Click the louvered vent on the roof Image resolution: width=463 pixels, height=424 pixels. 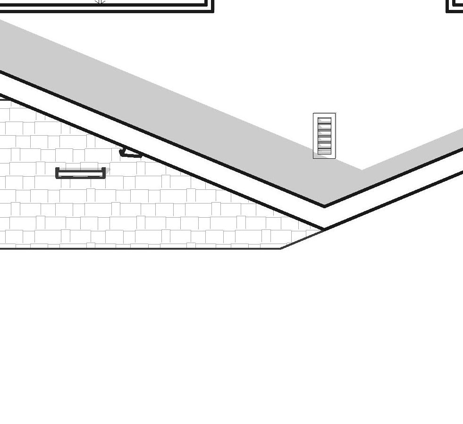324,136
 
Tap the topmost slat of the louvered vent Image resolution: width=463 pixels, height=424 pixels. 324,121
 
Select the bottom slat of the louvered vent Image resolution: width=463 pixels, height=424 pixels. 324,151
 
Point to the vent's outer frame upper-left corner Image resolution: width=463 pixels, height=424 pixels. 313,113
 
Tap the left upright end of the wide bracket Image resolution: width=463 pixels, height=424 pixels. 57,172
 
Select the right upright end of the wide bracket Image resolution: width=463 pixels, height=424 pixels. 104,172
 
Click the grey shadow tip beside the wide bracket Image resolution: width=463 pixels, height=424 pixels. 108,170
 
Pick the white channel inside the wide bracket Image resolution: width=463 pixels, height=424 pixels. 81,175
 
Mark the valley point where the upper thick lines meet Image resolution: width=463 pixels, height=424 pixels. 325,206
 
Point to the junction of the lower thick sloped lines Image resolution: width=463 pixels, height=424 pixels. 324,229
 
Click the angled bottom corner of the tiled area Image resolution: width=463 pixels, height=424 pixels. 281,248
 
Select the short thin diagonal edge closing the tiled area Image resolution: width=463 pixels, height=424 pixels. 302,239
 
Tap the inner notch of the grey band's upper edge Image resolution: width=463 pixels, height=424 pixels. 362,170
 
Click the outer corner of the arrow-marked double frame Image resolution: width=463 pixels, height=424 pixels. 213,11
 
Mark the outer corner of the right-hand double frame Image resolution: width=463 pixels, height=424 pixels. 447,11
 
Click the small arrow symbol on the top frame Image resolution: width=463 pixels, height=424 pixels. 100,1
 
